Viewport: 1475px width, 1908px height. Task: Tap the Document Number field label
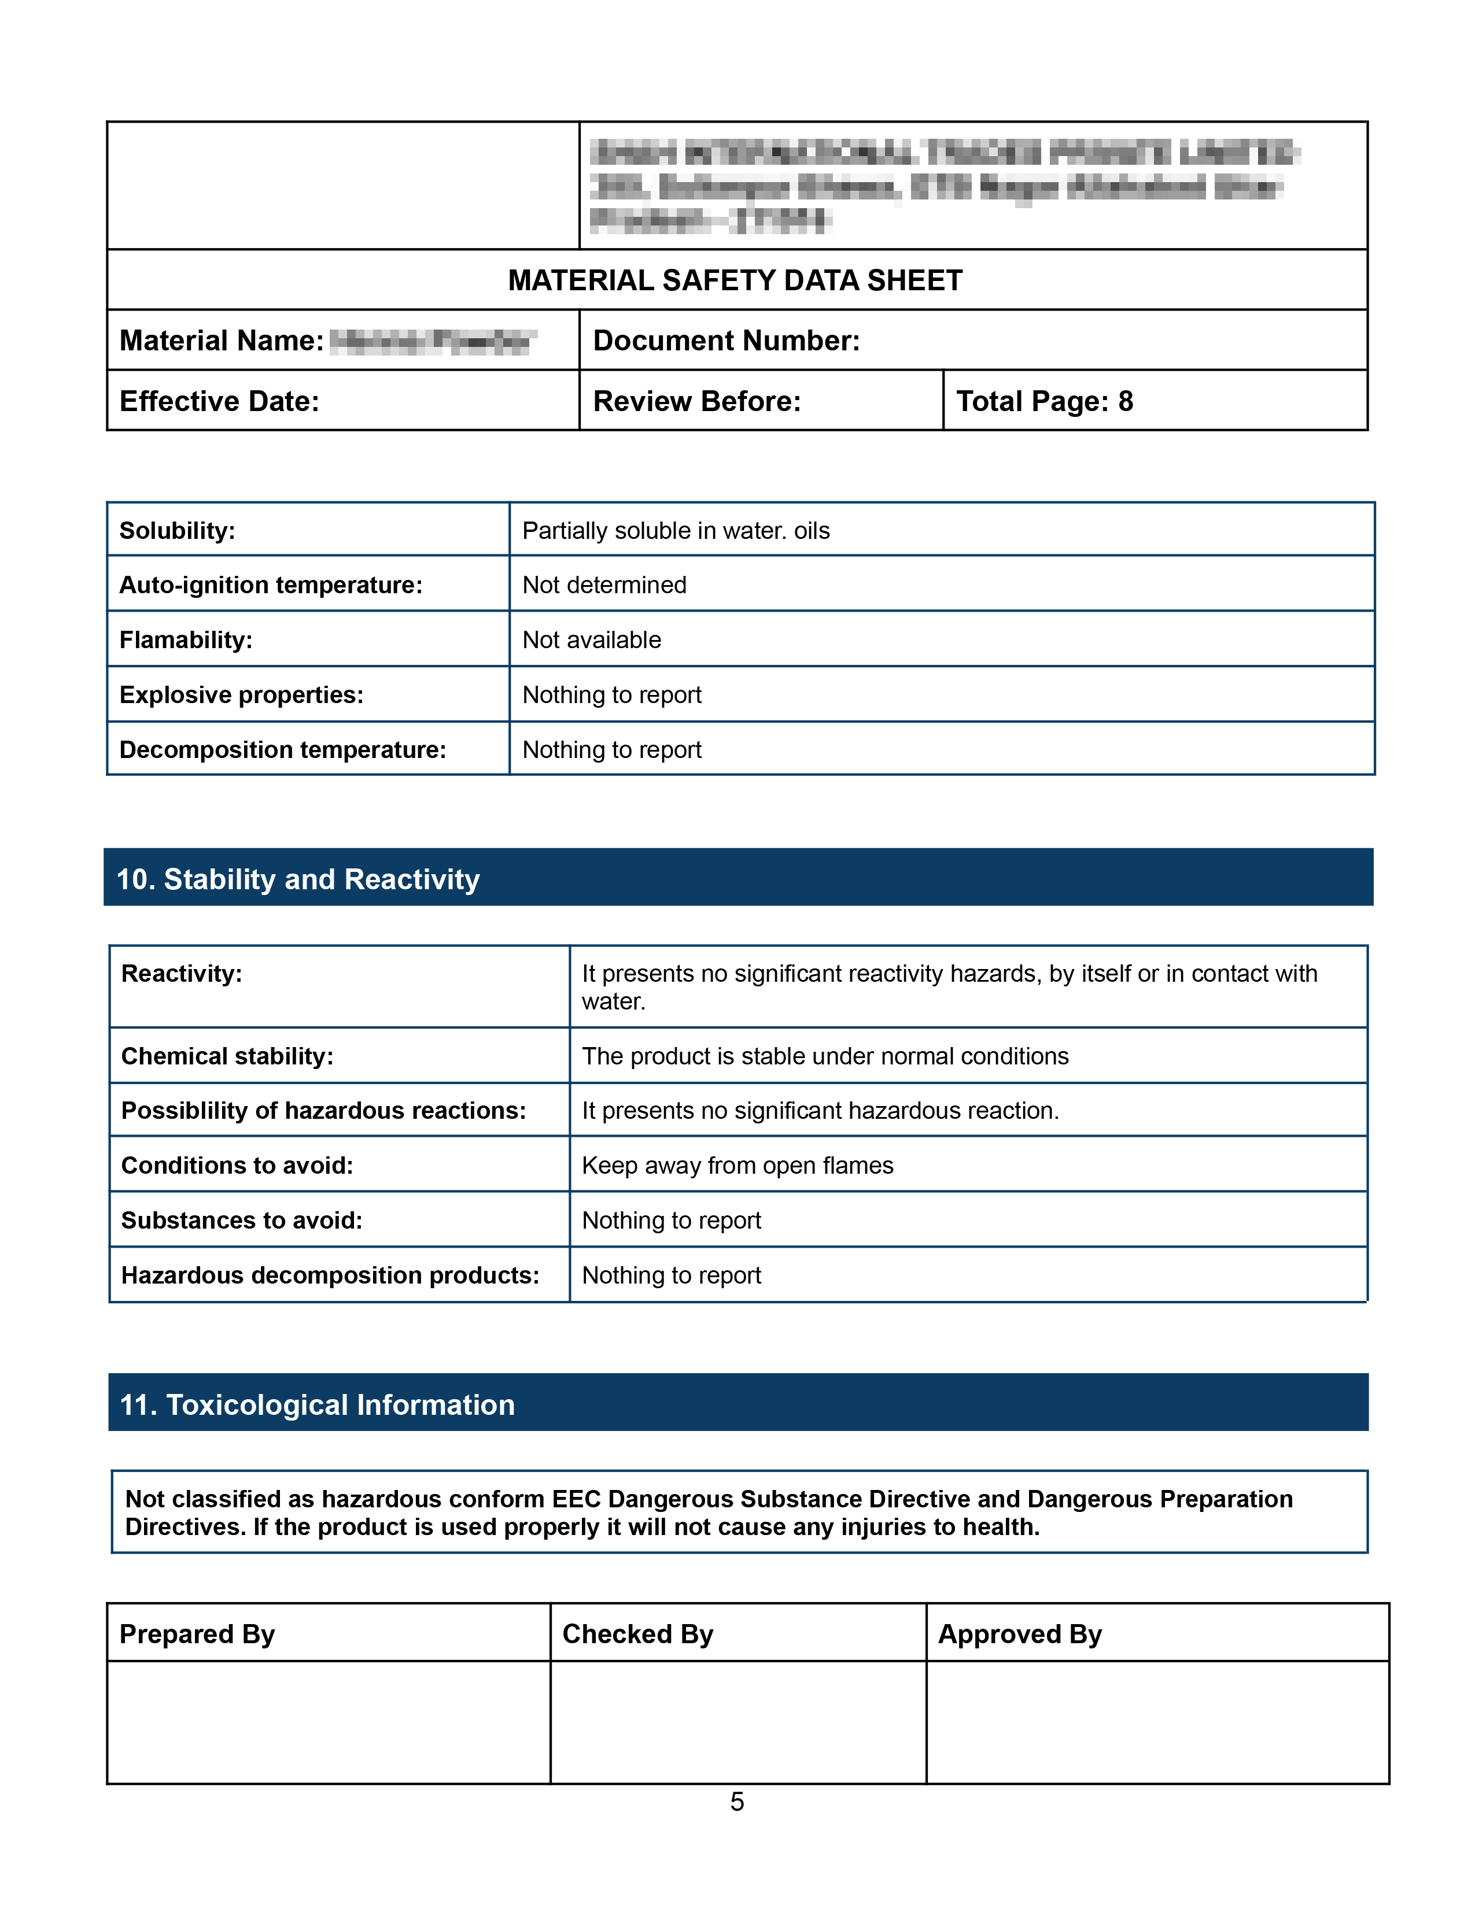726,341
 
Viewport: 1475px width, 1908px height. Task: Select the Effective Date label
219,401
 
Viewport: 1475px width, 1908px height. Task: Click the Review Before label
696,401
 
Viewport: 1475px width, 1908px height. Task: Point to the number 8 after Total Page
1126,401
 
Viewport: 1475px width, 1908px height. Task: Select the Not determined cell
604,585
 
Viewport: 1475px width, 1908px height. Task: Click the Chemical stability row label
227,1056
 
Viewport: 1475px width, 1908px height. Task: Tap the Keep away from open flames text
738,1166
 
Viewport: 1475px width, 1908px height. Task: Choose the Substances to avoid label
241,1221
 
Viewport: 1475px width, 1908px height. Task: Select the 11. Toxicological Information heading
317,1405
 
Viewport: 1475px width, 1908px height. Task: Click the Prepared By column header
197,1634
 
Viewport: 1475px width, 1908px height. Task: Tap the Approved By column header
1020,1634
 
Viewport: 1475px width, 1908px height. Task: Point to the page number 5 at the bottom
736,1802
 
